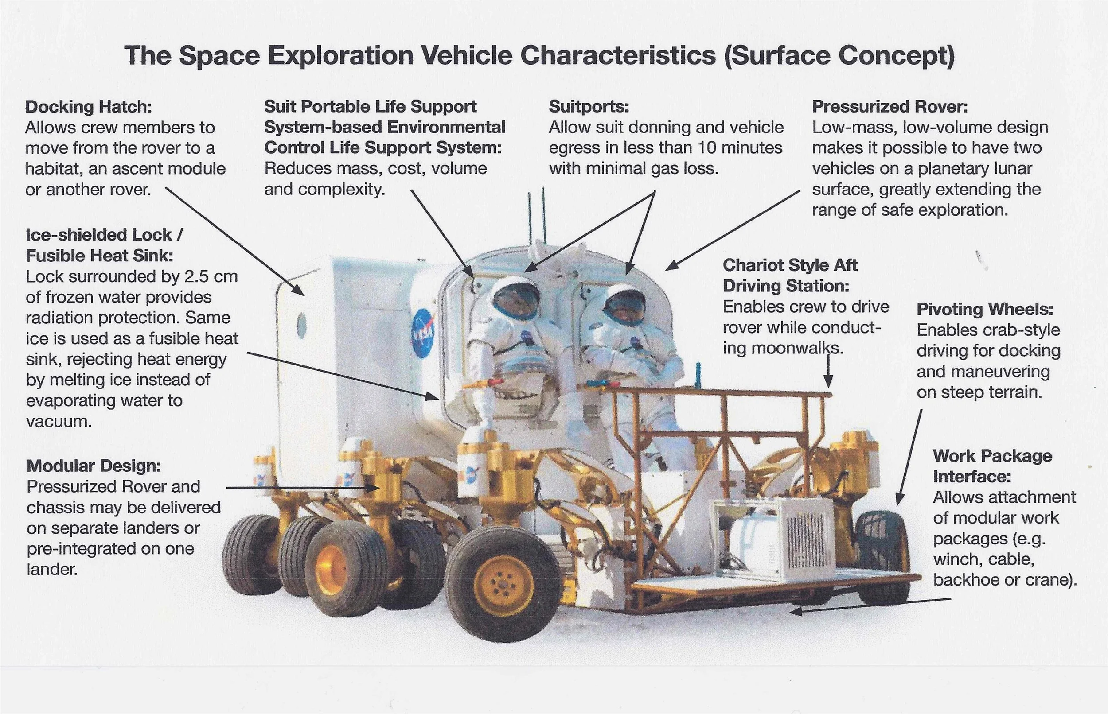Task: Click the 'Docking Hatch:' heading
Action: click(x=88, y=107)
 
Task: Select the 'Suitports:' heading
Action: click(x=589, y=107)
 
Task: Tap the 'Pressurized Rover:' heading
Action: click(x=890, y=107)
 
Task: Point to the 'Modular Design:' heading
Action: click(x=94, y=466)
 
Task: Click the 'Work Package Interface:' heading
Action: click(x=992, y=466)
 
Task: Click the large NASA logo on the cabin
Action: click(x=422, y=333)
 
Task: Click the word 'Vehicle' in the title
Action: click(x=468, y=56)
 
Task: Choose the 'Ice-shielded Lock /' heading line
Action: click(x=104, y=235)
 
